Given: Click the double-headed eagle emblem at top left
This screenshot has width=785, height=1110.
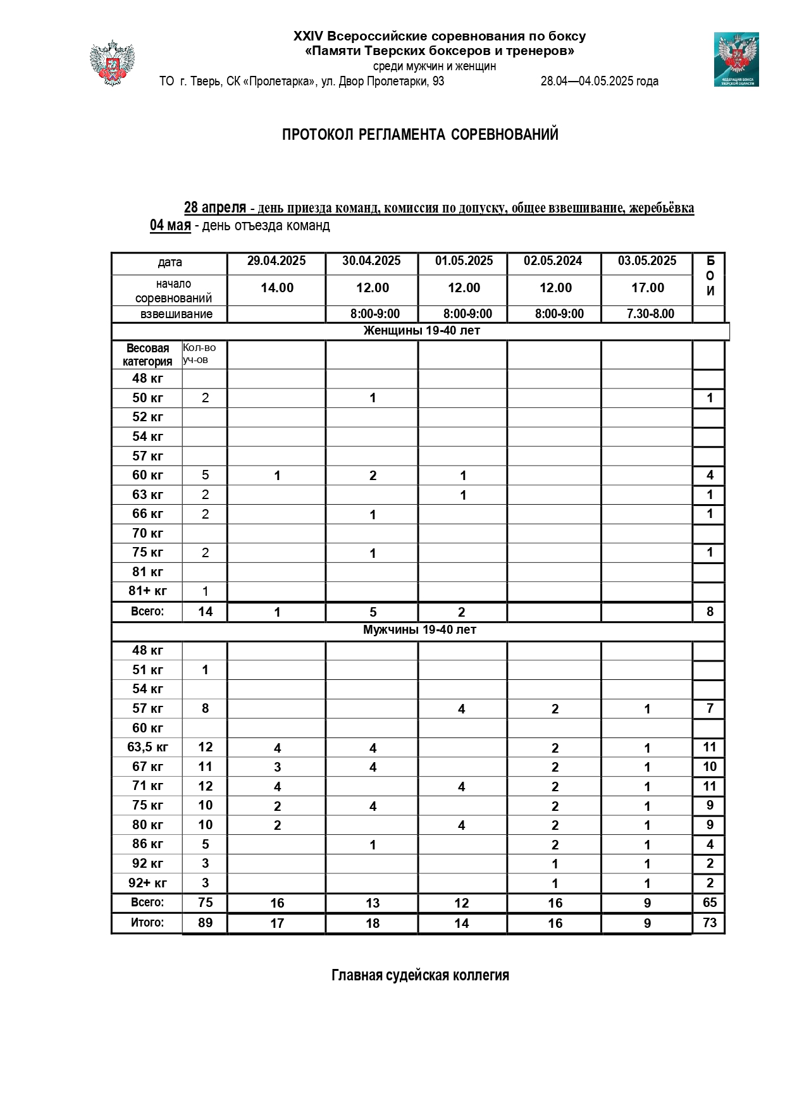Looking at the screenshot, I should click(112, 63).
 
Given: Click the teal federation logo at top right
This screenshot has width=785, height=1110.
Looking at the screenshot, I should click(736, 59).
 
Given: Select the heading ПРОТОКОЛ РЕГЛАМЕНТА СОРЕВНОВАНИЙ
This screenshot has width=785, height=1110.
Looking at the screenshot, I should click(420, 135).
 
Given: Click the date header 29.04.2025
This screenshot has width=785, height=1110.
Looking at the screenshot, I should click(276, 261).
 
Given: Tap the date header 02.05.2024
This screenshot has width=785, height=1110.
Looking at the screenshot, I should click(553, 261).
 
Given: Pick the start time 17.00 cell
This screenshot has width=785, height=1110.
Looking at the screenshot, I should click(648, 288).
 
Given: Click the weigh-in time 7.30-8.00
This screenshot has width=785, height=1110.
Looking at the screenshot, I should click(650, 314).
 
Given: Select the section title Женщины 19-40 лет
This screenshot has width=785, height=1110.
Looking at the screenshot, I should click(421, 331).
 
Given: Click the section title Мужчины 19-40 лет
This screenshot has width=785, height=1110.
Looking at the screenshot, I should click(419, 630).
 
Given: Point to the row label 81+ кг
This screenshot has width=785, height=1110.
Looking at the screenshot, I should click(147, 591).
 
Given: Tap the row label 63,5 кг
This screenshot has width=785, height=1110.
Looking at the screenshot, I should click(147, 747).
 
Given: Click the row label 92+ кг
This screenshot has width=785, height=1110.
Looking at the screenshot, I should click(147, 883).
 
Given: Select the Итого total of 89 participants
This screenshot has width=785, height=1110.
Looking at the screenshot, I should click(205, 922).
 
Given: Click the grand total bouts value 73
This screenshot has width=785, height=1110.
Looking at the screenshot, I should click(710, 922).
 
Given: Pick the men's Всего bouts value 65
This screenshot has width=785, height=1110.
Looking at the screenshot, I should click(710, 903).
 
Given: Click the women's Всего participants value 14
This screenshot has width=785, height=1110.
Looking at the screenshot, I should click(205, 612).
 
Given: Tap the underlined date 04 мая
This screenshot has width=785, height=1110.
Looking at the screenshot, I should click(170, 226).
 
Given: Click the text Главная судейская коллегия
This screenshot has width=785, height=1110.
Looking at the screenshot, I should click(420, 975).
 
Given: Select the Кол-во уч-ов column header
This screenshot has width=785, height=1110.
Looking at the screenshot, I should click(200, 354).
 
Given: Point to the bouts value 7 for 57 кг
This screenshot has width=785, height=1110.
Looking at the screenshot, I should click(710, 708).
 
